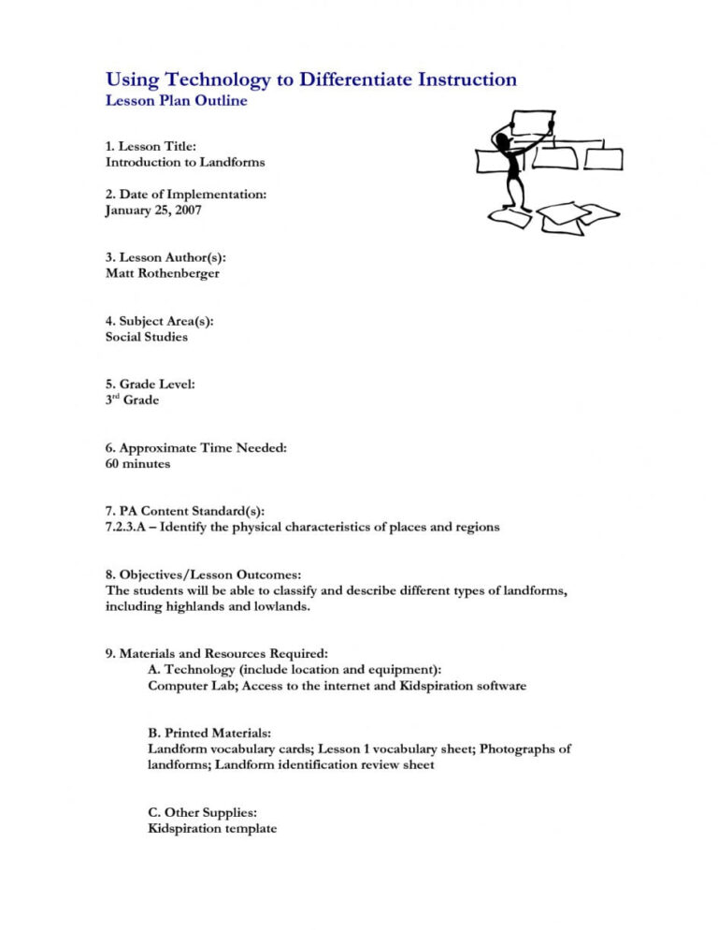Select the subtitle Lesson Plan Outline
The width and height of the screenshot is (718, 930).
coord(176,101)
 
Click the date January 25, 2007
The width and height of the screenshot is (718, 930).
coord(153,211)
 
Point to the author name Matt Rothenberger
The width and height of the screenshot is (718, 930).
coord(163,273)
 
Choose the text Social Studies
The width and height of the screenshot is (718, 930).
coord(147,337)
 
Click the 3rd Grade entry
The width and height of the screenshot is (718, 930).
coord(132,400)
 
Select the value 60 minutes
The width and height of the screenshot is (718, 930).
coord(138,463)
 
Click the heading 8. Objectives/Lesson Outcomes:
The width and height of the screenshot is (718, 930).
coord(203,574)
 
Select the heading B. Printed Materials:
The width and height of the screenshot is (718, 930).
coord(211,733)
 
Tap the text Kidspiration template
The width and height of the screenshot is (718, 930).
coord(212,828)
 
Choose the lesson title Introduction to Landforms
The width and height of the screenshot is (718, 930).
coord(185,162)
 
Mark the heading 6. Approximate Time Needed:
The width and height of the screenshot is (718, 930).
coord(196,447)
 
